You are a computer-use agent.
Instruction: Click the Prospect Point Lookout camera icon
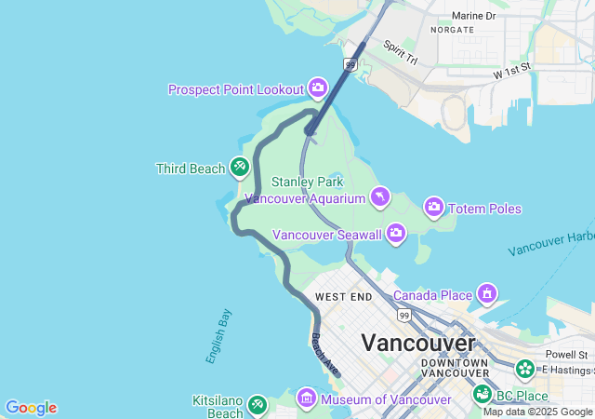pyautogui.click(x=318, y=88)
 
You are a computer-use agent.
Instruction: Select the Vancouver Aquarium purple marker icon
pyautogui.click(x=380, y=196)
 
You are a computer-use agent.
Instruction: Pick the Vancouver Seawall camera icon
pyautogui.click(x=396, y=233)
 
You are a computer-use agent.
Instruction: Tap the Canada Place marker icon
pyautogui.click(x=486, y=295)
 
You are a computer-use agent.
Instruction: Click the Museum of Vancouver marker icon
pyautogui.click(x=306, y=399)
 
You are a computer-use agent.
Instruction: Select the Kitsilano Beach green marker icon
pyautogui.click(x=258, y=405)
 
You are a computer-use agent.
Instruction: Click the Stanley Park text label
pyautogui.click(x=308, y=182)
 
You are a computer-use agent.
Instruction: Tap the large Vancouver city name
pyautogui.click(x=418, y=342)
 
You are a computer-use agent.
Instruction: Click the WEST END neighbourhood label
pyautogui.click(x=343, y=297)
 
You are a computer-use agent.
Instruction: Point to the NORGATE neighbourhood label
pyautogui.click(x=452, y=30)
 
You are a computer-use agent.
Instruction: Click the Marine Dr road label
pyautogui.click(x=474, y=16)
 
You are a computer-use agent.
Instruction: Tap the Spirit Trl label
pyautogui.click(x=401, y=53)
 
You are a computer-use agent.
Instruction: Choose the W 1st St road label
pyautogui.click(x=511, y=69)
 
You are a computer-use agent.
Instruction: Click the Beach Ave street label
pyautogui.click(x=324, y=355)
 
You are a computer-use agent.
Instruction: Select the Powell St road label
pyautogui.click(x=566, y=355)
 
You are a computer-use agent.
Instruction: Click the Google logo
pyautogui.click(x=31, y=408)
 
